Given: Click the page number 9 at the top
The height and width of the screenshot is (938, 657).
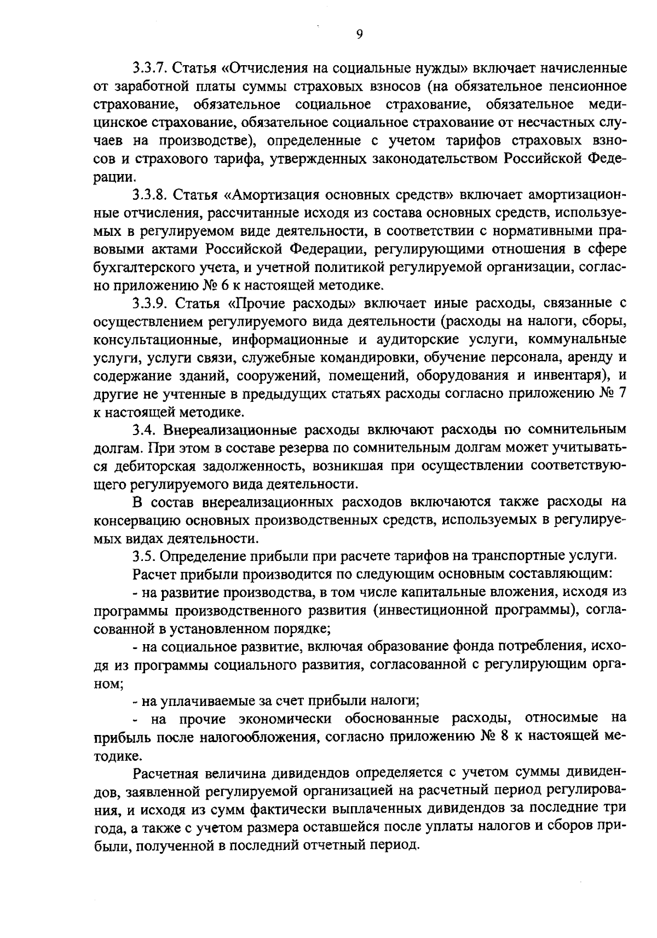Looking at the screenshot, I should tap(359, 34).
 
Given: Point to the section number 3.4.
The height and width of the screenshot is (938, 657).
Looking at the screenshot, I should tap(144, 430).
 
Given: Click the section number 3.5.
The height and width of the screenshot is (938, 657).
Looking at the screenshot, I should tap(144, 556).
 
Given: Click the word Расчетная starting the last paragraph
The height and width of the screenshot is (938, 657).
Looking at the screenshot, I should tap(164, 773).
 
